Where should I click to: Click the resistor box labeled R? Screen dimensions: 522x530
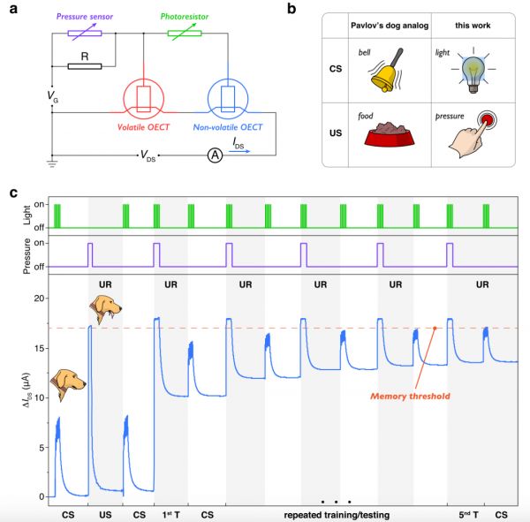84,65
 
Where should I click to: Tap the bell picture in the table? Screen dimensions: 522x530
389,71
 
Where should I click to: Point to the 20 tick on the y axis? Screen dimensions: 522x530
38,299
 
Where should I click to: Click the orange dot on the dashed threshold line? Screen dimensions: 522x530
435,329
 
